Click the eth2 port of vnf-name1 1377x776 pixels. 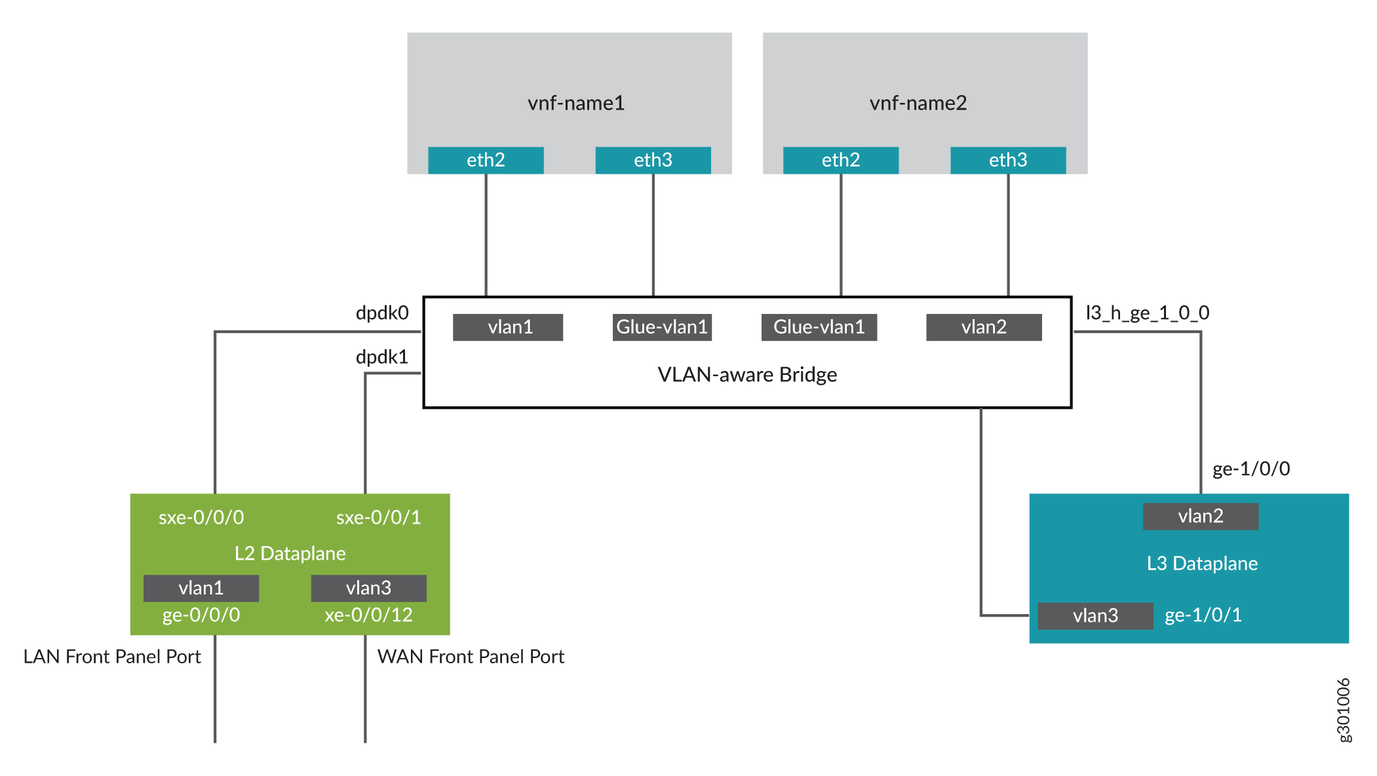click(486, 160)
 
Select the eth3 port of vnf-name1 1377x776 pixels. click(653, 160)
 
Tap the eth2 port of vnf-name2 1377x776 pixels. click(840, 160)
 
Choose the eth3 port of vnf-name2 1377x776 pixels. click(1007, 160)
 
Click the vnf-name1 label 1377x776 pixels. click(576, 103)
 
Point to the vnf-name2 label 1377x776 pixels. click(918, 103)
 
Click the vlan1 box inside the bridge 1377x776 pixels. click(508, 327)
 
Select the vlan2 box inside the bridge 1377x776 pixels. click(983, 327)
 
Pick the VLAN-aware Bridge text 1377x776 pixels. click(747, 374)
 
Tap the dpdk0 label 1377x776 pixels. click(382, 313)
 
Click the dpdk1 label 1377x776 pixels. click(382, 357)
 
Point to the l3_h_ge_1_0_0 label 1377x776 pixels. click(1147, 313)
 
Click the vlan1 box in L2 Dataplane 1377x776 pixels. click(201, 588)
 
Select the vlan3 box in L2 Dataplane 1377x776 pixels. click(368, 588)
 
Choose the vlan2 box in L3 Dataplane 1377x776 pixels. click(1200, 516)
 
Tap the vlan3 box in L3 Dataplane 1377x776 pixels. click(1095, 615)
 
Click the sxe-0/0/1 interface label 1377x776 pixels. click(378, 517)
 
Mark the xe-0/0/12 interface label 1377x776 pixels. click(368, 615)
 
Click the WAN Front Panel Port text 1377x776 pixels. click(471, 657)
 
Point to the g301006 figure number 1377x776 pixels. click(1343, 710)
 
